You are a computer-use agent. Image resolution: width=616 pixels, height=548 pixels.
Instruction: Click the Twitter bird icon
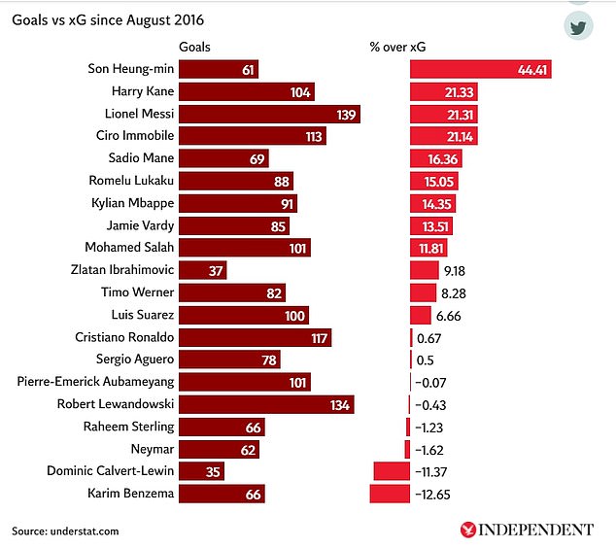578,26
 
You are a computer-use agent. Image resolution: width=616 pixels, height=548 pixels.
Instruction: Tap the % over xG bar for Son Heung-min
481,70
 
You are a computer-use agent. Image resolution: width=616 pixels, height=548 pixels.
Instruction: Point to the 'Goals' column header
194,47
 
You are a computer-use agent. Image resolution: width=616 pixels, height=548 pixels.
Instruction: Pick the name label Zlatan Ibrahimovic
122,270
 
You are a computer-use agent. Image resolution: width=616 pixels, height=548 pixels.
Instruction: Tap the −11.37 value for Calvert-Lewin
434,472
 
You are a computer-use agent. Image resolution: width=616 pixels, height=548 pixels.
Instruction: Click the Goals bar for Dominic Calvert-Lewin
202,472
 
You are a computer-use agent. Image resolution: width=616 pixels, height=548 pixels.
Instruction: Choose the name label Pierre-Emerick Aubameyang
95,382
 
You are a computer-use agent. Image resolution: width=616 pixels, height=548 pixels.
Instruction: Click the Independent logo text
533,530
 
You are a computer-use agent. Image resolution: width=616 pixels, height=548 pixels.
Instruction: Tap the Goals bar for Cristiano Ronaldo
256,337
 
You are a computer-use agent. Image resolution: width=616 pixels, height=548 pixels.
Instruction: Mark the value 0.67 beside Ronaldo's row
429,337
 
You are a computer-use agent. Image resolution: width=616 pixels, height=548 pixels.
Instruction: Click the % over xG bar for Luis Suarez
420,315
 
